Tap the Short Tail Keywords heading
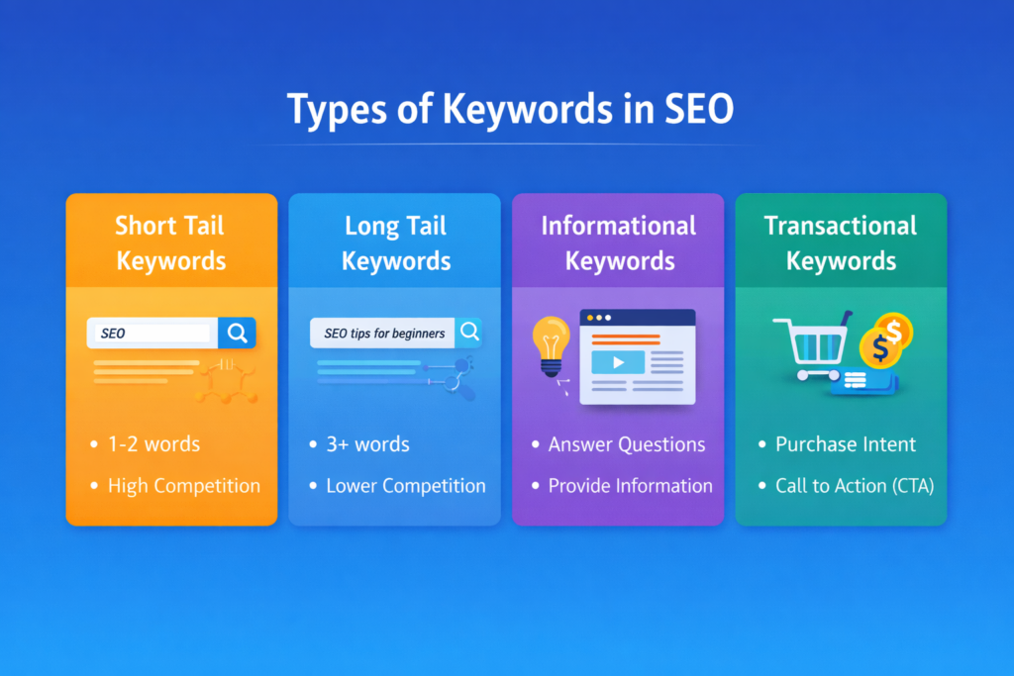[171, 242]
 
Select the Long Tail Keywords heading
[396, 242]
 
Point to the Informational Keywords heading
[618, 242]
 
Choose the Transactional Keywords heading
[841, 242]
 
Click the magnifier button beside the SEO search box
[238, 333]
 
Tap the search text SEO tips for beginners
[384, 333]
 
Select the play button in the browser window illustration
[618, 362]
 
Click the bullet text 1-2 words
[153, 444]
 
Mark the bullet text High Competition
[183, 486]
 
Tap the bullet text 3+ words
[367, 444]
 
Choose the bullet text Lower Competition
[406, 486]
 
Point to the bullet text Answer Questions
[627, 444]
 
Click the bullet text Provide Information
[630, 486]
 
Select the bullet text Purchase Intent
[846, 444]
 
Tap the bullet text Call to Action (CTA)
[855, 486]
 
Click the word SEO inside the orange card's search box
[114, 334]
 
